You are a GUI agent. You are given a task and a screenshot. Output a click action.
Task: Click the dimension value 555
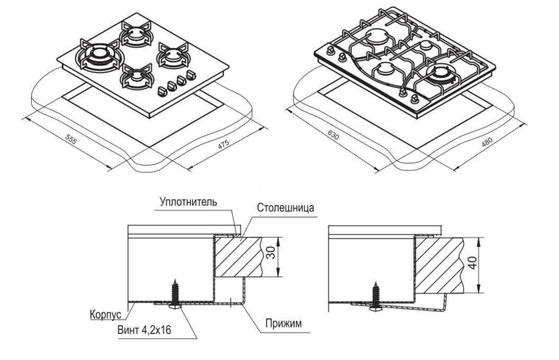tap(71, 140)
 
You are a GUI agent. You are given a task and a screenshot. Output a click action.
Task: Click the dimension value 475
tap(223, 144)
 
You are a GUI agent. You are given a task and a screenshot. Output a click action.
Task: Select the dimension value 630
tap(333, 135)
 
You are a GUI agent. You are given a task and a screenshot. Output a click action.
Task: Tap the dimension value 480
tap(487, 143)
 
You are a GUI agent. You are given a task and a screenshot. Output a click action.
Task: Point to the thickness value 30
tap(271, 253)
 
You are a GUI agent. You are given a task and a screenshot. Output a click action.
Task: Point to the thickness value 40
tap(473, 263)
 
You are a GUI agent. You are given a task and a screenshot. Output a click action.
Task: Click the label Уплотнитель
tap(188, 202)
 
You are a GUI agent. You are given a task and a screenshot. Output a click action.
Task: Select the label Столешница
tap(285, 207)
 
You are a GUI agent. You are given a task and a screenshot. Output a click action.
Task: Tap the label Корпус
tap(105, 315)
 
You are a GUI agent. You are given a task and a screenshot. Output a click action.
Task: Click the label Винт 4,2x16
tap(144, 330)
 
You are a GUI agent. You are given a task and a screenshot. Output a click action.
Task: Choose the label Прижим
tap(283, 323)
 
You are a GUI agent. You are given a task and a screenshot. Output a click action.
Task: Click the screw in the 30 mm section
tap(175, 294)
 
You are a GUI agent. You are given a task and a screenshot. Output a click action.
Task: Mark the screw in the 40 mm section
tap(376, 296)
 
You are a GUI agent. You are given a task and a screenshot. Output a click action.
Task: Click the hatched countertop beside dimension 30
tap(238, 256)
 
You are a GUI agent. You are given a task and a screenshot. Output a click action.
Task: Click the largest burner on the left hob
tap(99, 55)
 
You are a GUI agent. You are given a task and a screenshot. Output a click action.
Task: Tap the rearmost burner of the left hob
tap(135, 34)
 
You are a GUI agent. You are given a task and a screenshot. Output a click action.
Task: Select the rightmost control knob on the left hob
tap(192, 75)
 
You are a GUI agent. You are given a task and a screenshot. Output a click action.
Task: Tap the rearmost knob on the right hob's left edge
tap(331, 50)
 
